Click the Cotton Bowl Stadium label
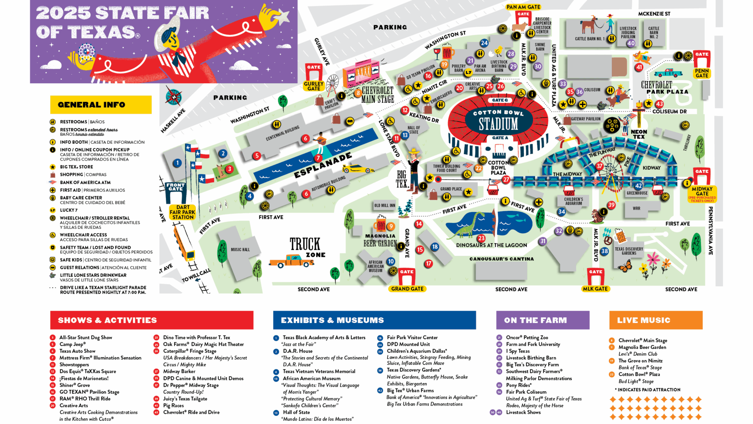pos(498,121)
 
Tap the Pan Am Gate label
pos(523,7)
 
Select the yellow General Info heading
pos(101,105)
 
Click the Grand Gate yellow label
pos(407,289)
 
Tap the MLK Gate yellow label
pos(595,289)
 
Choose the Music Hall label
pos(240,250)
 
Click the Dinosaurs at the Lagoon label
pos(491,245)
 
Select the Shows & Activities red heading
pos(151,320)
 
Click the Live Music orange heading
pos(655,320)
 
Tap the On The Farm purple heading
pos(542,320)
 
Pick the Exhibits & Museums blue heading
pos(374,320)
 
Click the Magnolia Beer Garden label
pos(380,240)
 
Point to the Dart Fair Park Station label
pos(182,212)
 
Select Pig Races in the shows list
pos(173,406)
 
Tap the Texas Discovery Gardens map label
pos(629,251)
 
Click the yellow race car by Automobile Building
pos(357,169)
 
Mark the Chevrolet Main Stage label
pos(377,95)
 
